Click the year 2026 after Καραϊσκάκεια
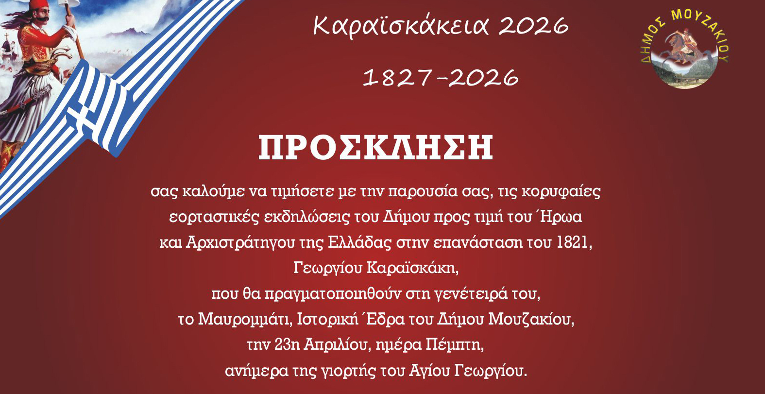[534, 26]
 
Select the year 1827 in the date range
[396, 77]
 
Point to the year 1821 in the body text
[574, 242]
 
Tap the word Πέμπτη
[454, 345]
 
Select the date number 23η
[287, 345]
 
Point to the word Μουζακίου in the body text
[531, 320]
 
